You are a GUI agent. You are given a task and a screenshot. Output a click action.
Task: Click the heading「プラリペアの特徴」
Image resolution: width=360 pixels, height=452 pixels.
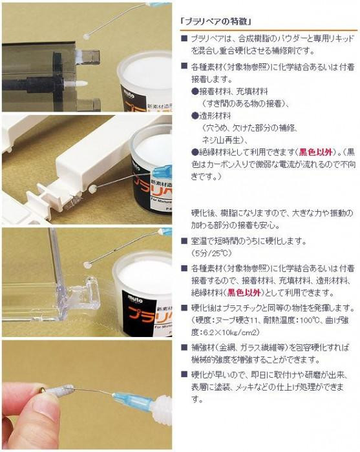pyautogui.click(x=217, y=21)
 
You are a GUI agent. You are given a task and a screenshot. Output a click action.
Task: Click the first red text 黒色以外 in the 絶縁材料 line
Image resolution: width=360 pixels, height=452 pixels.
pyautogui.click(x=315, y=152)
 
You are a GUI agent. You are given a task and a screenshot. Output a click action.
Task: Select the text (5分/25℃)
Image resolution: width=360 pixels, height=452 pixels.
pyautogui.click(x=211, y=253)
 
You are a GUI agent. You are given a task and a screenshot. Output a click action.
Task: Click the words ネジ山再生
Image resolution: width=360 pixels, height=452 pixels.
pyautogui.click(x=220, y=140)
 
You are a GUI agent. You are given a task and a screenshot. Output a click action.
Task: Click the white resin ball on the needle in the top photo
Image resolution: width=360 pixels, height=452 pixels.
pyautogui.click(x=86, y=37)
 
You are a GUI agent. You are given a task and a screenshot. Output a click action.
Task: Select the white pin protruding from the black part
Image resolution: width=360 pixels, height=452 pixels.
pyautogui.click(x=76, y=84)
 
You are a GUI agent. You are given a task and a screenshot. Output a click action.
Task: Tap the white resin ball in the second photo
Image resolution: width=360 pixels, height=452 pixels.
pyautogui.click(x=92, y=189)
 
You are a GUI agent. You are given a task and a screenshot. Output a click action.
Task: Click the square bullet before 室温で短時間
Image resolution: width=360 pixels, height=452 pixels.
pyautogui.click(x=184, y=240)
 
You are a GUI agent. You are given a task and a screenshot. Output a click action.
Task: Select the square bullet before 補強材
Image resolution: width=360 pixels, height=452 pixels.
pyautogui.click(x=184, y=347)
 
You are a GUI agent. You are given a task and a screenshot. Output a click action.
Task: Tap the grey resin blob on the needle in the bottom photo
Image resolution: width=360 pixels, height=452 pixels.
pyautogui.click(x=59, y=390)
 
